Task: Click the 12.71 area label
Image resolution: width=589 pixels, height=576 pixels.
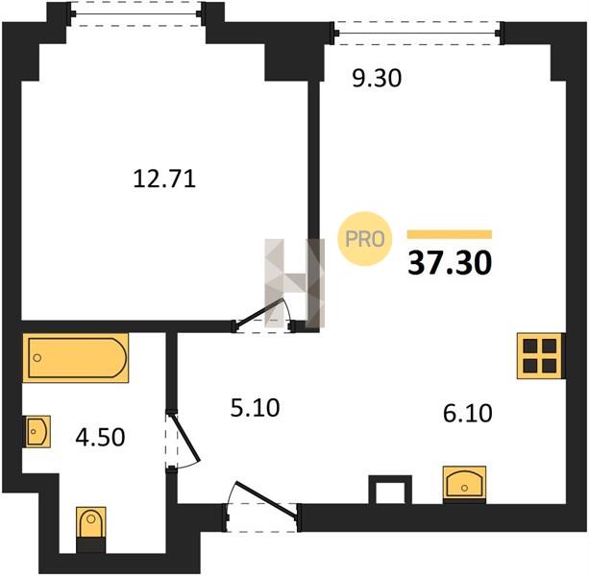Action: tap(164, 179)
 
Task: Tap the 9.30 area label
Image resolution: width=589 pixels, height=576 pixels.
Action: tap(377, 79)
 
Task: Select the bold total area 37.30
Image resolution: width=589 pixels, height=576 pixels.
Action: tap(450, 263)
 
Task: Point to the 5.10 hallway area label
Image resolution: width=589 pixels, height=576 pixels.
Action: tap(255, 408)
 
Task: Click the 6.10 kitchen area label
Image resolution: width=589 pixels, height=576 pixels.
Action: tap(468, 413)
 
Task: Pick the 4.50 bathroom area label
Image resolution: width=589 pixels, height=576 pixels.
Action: tap(100, 437)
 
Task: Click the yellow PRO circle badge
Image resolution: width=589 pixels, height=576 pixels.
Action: tap(365, 239)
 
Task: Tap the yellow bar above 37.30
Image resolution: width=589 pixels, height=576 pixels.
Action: tap(450, 234)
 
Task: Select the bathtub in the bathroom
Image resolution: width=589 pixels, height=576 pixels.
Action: tap(76, 358)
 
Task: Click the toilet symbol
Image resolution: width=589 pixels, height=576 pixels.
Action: tap(91, 529)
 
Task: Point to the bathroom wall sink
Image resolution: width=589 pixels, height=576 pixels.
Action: tap(37, 432)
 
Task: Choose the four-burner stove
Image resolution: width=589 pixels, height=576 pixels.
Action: tap(541, 356)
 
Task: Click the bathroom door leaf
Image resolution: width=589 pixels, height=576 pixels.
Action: tap(184, 438)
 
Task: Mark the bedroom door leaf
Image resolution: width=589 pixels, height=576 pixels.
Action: tap(260, 311)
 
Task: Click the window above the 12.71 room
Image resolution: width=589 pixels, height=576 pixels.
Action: tap(136, 14)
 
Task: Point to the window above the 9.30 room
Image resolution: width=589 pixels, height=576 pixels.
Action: tap(417, 34)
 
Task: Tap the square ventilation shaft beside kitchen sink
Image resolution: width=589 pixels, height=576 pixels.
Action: tap(390, 490)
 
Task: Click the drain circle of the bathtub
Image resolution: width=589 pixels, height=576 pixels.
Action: tap(37, 358)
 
